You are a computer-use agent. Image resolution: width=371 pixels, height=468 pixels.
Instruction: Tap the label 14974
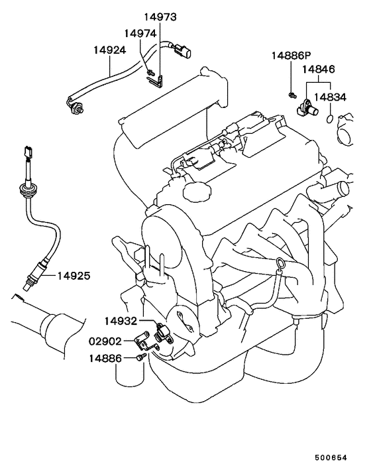(x=139, y=32)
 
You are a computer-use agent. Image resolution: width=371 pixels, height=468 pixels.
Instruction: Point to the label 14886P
(x=290, y=56)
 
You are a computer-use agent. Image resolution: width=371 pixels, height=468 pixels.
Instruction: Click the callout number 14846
(x=319, y=68)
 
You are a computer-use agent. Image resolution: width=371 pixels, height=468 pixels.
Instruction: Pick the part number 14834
(x=329, y=97)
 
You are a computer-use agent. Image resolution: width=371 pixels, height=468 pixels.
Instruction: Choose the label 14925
(x=74, y=274)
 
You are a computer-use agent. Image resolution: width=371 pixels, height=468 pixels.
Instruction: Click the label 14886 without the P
(x=106, y=359)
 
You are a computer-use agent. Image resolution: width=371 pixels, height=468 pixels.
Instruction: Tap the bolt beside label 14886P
(x=292, y=95)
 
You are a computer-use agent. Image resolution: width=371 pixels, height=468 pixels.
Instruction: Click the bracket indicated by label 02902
(x=142, y=343)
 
